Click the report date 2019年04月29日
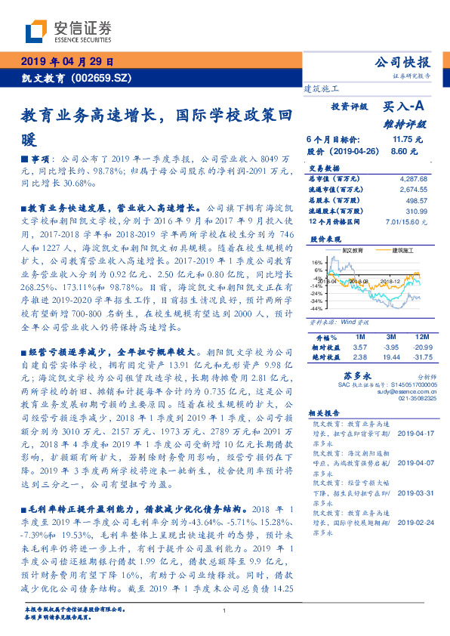coord(66,61)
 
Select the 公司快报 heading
coord(403,62)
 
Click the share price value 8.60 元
coord(405,151)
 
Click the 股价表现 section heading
coord(323,238)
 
